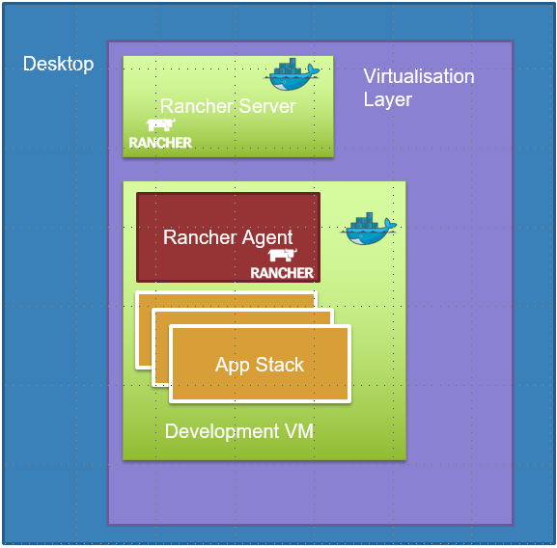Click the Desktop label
click(x=58, y=65)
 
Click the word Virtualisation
click(x=419, y=76)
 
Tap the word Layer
click(x=387, y=99)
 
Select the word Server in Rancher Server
click(x=267, y=106)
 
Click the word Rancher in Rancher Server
click(x=198, y=106)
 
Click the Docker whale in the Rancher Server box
click(x=292, y=74)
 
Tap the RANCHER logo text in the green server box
click(x=160, y=143)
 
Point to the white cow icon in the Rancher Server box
click(x=160, y=124)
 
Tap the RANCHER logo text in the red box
click(x=282, y=273)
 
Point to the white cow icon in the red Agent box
click(x=283, y=256)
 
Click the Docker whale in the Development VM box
click(x=369, y=229)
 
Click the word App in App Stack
click(x=233, y=366)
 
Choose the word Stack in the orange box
click(x=280, y=365)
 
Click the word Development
click(x=222, y=432)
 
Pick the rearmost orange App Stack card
click(x=143, y=330)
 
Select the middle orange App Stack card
click(x=160, y=348)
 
